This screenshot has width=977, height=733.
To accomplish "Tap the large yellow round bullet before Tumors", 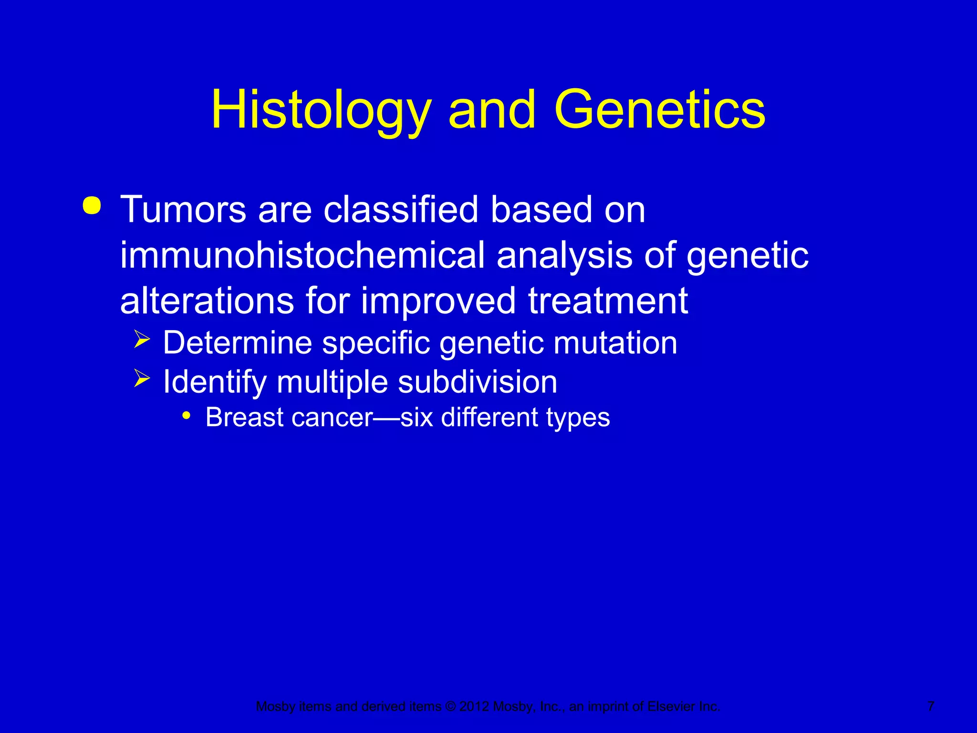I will point(92,206).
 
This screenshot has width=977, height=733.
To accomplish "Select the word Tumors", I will point(183,210).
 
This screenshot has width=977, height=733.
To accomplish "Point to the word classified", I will point(401,210).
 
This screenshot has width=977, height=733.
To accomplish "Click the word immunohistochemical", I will point(302,256).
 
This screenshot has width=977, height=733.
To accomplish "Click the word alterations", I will point(207,301).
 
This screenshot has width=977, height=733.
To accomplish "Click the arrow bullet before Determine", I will point(142,340).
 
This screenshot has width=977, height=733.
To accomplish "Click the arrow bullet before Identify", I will point(142,379).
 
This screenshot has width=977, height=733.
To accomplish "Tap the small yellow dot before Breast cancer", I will point(187,416).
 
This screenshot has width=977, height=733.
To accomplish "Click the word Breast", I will point(245,418).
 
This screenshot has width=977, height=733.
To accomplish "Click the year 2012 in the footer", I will point(474,707).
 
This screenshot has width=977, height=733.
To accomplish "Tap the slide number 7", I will point(931,706).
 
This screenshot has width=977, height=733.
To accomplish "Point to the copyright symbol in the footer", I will point(450,707).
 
